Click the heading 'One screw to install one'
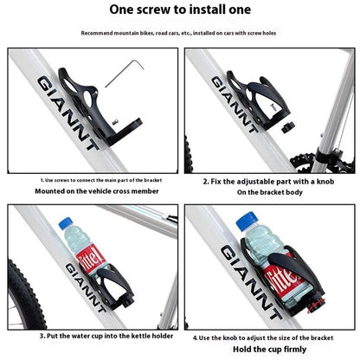click(x=179, y=10)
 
